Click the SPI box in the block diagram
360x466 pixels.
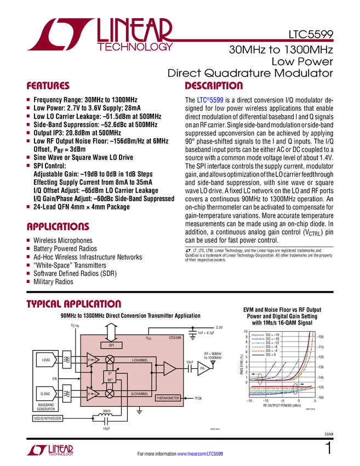click(x=111, y=345)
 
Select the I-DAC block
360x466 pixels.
click(x=47, y=360)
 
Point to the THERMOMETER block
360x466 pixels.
click(x=168, y=398)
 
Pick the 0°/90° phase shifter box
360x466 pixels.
click(x=110, y=377)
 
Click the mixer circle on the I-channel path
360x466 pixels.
click(x=110, y=360)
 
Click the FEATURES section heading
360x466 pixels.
click(x=48, y=86)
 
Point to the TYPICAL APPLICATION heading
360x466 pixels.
click(x=74, y=303)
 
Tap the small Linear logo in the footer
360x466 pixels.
click(x=49, y=450)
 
